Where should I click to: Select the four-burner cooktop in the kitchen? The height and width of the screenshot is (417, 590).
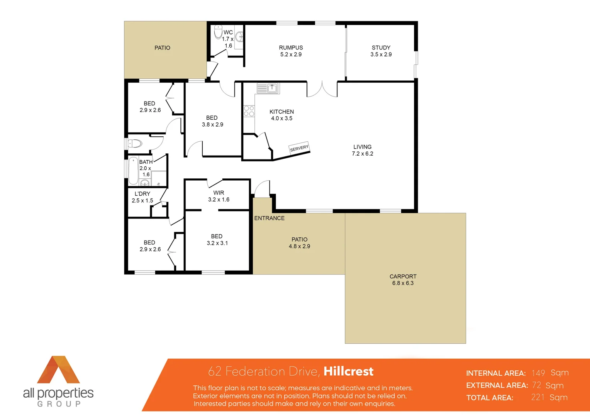[x=249, y=111]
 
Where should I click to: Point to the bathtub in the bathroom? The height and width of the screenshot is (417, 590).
[x=133, y=170]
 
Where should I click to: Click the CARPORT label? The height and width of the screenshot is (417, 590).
[x=403, y=276]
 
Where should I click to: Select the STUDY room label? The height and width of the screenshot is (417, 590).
[x=381, y=47]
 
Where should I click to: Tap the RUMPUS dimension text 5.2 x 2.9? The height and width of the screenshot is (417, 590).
[x=291, y=54]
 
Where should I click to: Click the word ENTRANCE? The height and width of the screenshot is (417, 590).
[x=269, y=218]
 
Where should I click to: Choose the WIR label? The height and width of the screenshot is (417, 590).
[x=219, y=193]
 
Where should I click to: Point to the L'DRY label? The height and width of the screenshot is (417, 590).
[x=142, y=194]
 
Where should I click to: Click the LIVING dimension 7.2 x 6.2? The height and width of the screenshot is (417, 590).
[x=362, y=154]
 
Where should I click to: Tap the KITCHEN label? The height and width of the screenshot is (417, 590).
[x=281, y=112]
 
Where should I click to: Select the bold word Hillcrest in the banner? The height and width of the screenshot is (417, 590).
[x=348, y=371]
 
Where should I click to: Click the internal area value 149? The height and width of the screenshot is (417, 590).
[x=538, y=373]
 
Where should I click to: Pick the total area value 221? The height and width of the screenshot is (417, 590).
[x=537, y=397]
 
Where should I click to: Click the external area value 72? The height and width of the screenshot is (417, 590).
[x=536, y=385]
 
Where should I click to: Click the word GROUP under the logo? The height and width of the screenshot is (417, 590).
[x=59, y=404]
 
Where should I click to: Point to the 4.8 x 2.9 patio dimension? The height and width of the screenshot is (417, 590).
[x=299, y=246]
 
